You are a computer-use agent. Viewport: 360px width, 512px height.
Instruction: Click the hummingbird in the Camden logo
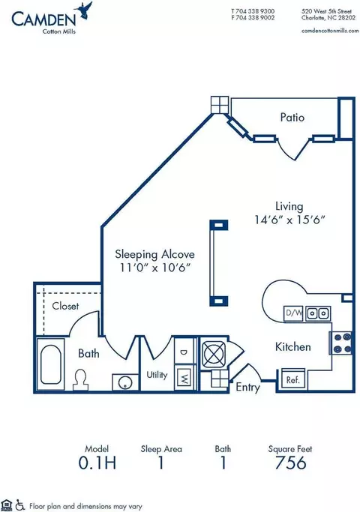point(84,10)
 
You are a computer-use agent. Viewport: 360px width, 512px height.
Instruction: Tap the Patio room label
point(292,117)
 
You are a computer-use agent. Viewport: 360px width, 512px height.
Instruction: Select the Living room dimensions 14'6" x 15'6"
point(289,220)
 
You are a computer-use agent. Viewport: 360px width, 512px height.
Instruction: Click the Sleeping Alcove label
point(154,254)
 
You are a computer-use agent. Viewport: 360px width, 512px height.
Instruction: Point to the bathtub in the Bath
point(51,364)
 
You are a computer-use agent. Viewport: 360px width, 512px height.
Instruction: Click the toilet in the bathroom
point(80,379)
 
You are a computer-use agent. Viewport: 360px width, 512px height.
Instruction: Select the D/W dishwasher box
point(294,313)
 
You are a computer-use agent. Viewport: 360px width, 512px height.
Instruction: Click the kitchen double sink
point(318,313)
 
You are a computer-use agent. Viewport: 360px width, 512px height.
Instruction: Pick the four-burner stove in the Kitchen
point(341,343)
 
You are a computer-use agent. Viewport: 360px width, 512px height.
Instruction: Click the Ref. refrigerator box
point(293,379)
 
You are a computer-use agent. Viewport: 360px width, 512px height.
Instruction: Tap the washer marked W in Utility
point(184,378)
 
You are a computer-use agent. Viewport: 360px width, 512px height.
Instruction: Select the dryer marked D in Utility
point(184,352)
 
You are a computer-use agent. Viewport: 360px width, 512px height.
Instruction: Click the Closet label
point(65,306)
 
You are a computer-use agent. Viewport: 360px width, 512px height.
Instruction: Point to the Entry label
point(248,388)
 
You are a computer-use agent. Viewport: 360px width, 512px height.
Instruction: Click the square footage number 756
point(290,463)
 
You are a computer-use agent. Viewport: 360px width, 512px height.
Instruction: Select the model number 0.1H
point(97,463)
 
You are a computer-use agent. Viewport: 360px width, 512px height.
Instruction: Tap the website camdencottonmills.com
point(330,31)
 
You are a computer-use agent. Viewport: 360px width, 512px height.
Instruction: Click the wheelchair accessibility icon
point(20,505)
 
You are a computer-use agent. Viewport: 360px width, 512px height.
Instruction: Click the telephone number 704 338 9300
point(255,11)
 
